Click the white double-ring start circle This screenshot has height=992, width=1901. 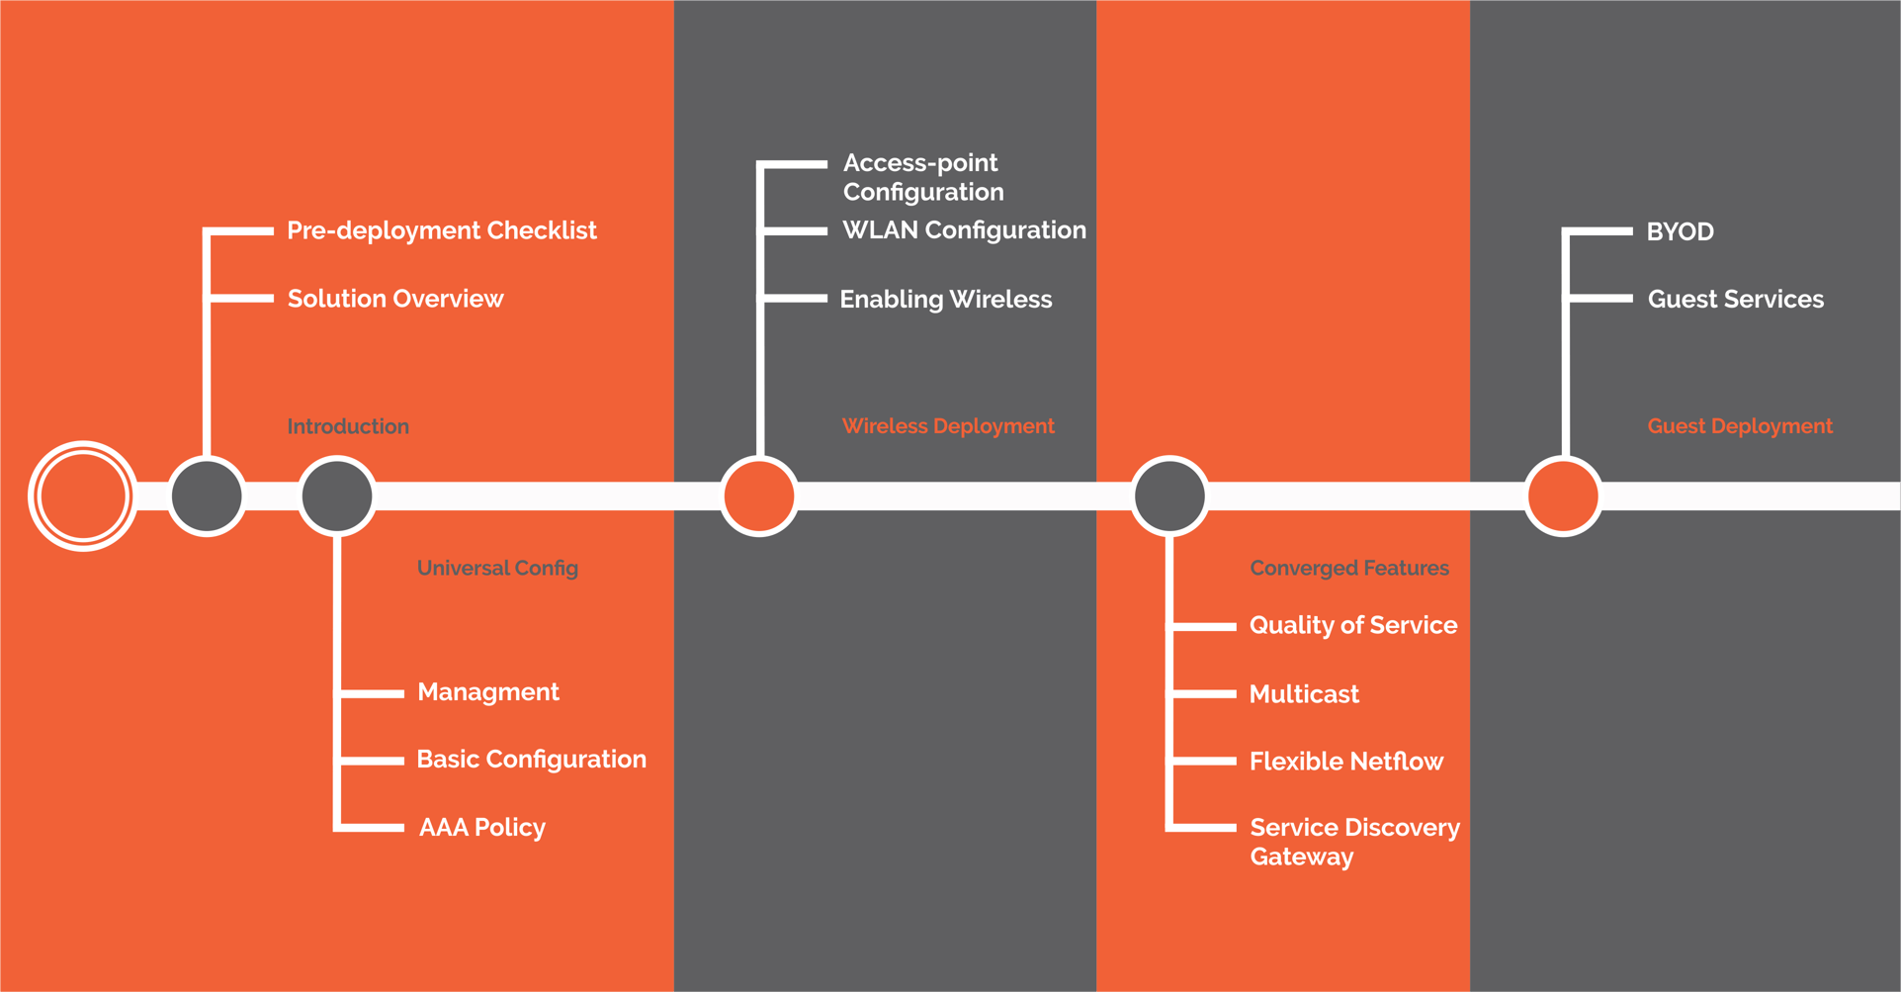pos(82,496)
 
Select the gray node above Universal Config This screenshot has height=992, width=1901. pos(337,496)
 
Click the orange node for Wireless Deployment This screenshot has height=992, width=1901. pos(759,496)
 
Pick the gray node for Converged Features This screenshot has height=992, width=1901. pos(1169,496)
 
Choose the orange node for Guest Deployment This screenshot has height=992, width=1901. pos(1563,496)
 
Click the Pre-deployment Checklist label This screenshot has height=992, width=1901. pos(441,230)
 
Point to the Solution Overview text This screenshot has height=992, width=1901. pos(394,299)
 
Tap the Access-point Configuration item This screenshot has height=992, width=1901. pos(922,177)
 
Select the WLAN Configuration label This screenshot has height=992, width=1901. pos(964,230)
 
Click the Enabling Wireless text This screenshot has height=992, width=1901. pos(945,299)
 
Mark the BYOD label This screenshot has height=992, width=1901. pos(1680,231)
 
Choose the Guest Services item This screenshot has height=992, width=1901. pos(1735,299)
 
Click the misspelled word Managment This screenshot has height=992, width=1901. pos(487,692)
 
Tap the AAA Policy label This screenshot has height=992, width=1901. pos(481,827)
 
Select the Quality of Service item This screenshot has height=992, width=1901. pos(1352,625)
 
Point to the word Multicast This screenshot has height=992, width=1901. pos(1304,694)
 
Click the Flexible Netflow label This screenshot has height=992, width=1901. pos(1345,762)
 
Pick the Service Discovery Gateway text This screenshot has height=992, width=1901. pos(1353,842)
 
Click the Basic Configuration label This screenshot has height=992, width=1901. pos(531,760)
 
